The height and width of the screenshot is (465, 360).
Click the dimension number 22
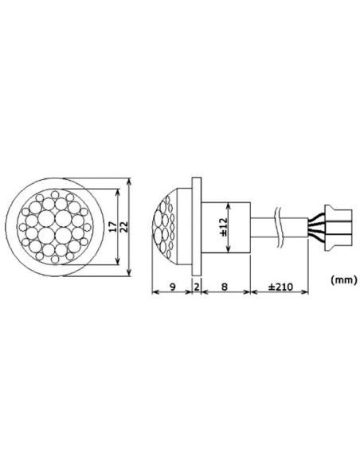pos(125,227)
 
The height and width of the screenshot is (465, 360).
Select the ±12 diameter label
pos(225,227)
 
